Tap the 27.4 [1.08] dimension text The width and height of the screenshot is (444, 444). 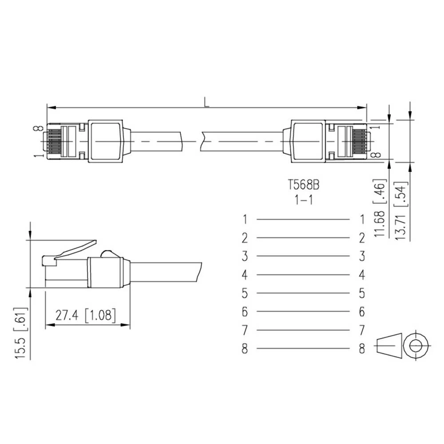(x=86, y=315)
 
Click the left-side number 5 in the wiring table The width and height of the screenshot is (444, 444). (x=245, y=293)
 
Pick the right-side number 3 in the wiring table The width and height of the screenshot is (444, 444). (x=362, y=256)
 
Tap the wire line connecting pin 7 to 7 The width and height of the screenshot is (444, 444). (x=303, y=330)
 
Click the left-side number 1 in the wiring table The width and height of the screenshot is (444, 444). (x=245, y=219)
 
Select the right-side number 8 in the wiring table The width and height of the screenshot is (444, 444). (x=362, y=349)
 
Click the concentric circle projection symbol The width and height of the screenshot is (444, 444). (x=416, y=345)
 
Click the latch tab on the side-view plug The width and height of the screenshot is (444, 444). (x=75, y=249)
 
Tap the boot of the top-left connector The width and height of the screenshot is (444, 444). (x=105, y=141)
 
